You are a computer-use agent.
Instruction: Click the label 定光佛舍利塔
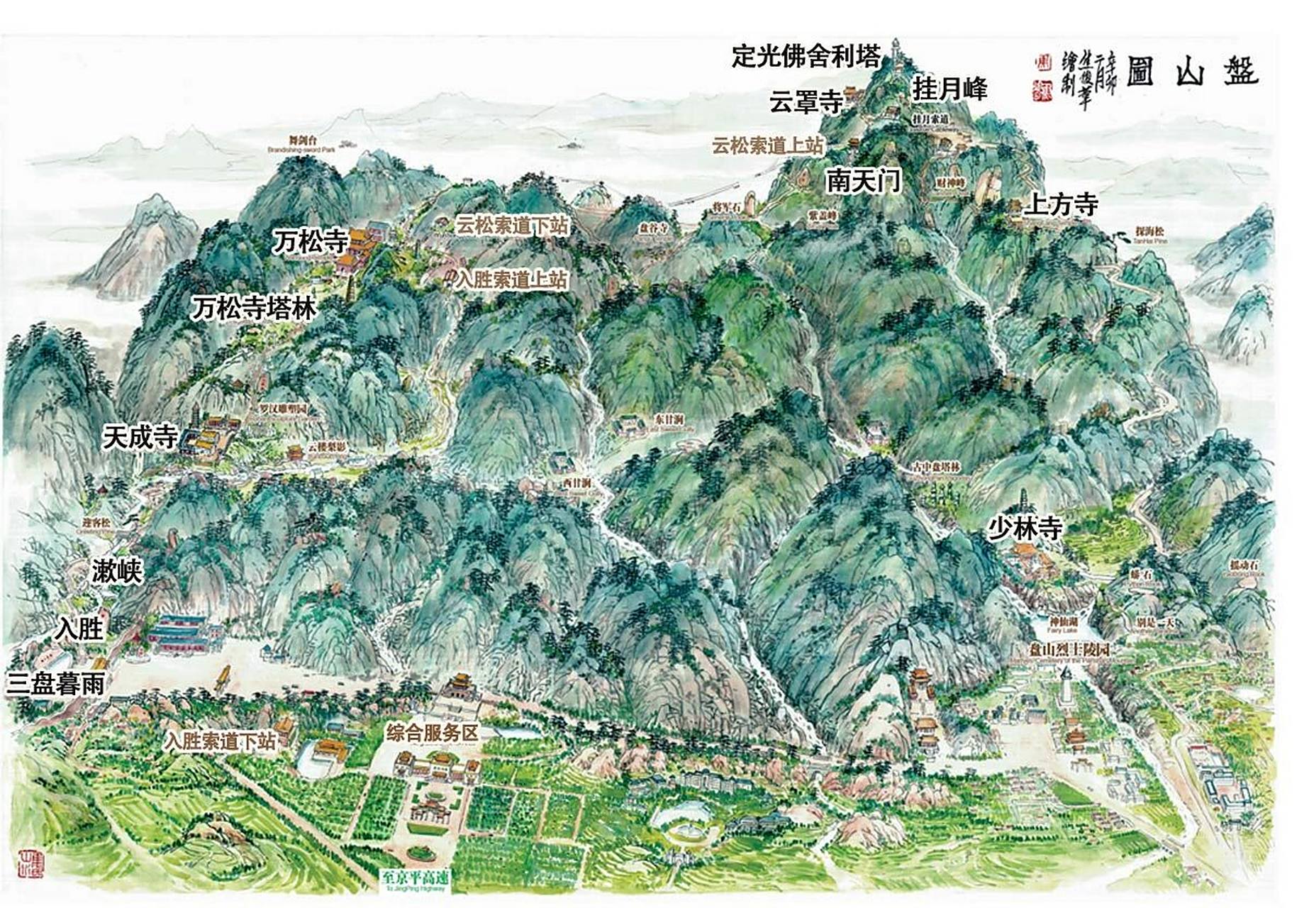(x=806, y=57)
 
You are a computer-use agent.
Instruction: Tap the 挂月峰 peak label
(x=949, y=89)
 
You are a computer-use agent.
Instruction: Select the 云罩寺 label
(x=806, y=103)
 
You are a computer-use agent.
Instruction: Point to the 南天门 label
(x=863, y=181)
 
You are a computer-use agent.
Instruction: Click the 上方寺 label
(x=1061, y=205)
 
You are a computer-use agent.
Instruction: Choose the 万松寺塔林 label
(x=255, y=309)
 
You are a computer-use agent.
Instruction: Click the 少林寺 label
(x=1025, y=528)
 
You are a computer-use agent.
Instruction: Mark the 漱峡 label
(x=117, y=571)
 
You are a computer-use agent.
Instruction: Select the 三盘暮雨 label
(x=56, y=683)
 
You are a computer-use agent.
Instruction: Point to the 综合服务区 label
(x=433, y=733)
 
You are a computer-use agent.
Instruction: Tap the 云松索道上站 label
(x=768, y=145)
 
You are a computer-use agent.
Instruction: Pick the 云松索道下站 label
(x=512, y=226)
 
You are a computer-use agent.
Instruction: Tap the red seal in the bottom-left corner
(x=31, y=862)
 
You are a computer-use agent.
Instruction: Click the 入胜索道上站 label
(x=512, y=279)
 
